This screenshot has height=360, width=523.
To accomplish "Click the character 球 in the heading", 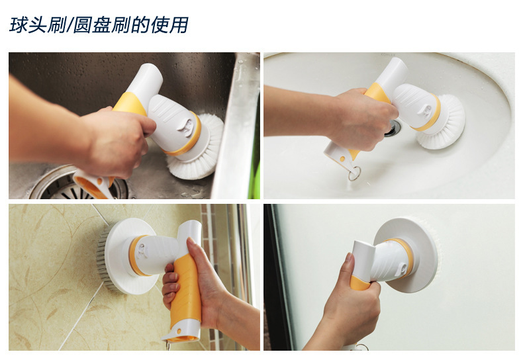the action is pyautogui.click(x=19, y=25).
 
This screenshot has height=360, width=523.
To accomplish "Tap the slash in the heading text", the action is pyautogui.click(x=70, y=25).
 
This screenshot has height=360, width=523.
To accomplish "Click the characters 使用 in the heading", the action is pyautogui.click(x=170, y=25).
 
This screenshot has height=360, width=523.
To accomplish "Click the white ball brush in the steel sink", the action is pyautogui.click(x=197, y=147).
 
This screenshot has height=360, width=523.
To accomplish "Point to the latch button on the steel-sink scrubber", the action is pyautogui.click(x=187, y=127).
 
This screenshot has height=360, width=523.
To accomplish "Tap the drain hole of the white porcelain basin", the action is pyautogui.click(x=394, y=128).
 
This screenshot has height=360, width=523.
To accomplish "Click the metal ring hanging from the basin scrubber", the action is pyautogui.click(x=354, y=173).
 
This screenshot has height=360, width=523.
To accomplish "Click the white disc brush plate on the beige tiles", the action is pyautogui.click(x=129, y=256).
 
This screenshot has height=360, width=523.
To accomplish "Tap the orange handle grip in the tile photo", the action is pyautogui.click(x=186, y=289).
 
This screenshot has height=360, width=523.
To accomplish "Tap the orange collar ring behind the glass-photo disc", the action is pyautogui.click(x=405, y=257).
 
